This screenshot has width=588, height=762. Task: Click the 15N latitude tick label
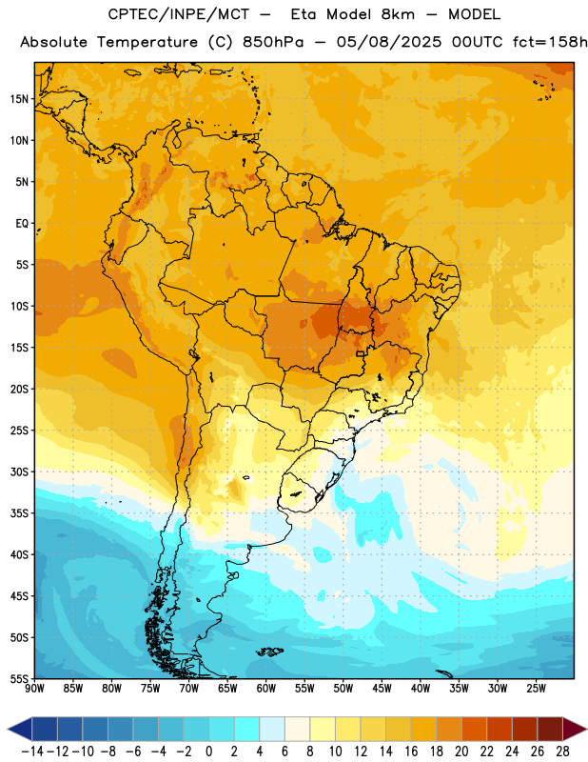19,99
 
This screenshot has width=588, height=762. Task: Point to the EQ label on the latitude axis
22,224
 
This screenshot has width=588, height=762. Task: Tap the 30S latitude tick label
19,471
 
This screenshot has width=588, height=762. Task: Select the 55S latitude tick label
19,678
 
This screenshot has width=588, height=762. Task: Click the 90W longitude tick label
34,689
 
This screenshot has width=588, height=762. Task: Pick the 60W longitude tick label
265,689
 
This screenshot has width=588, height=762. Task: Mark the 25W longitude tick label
536,689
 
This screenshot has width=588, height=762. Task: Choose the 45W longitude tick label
382,689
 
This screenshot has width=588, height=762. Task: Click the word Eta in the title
303,14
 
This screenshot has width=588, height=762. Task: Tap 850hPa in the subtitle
273,42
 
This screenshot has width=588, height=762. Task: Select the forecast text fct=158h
550,42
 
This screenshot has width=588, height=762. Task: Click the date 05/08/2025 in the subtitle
389,42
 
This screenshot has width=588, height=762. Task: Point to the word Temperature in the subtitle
147,42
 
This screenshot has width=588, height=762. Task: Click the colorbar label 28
562,752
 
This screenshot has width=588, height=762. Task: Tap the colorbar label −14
32,752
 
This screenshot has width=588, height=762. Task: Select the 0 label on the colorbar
208,752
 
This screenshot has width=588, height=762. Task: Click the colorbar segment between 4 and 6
272,730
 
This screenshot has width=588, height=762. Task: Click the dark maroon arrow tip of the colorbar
575,730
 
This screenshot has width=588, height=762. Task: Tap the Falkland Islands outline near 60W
269,652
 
